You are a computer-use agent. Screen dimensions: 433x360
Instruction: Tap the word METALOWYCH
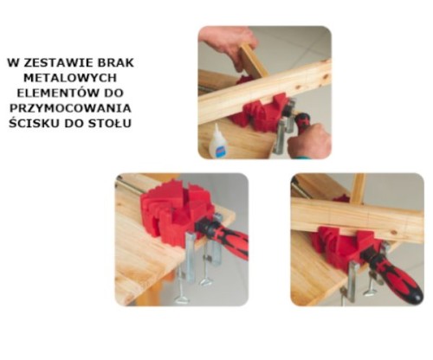pyautogui.click(x=70, y=78)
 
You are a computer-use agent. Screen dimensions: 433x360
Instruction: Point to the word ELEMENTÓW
pyautogui.click(x=56, y=93)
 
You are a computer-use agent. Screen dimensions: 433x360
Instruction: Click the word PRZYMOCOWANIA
pyautogui.click(x=70, y=108)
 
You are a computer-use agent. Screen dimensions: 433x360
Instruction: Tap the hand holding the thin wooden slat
pyautogui.click(x=228, y=45)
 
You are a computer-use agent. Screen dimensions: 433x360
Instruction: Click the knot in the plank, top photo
pyautogui.click(x=325, y=77)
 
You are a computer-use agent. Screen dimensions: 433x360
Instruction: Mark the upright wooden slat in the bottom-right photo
pyautogui.click(x=358, y=189)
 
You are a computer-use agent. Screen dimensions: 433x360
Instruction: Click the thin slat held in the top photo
pyautogui.click(x=254, y=61)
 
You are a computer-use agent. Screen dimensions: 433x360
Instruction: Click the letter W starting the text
pyautogui.click(x=14, y=63)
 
